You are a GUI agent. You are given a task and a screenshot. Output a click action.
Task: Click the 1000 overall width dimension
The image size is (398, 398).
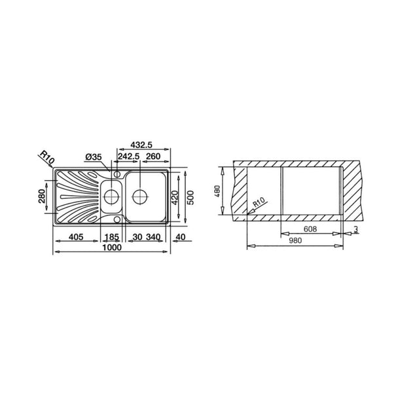click(112, 247)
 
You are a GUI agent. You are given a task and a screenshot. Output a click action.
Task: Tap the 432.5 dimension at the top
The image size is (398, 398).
click(141, 145)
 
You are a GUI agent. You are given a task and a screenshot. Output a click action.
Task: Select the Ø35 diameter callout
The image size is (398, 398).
click(94, 157)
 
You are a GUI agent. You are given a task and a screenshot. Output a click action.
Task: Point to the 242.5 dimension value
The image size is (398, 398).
click(128, 156)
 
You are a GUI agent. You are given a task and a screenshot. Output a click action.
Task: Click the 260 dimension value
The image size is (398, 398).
click(153, 156)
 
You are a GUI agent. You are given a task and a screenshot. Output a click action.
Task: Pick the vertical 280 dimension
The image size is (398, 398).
click(42, 196)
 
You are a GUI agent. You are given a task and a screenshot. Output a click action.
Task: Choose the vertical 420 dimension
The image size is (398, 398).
click(175, 198)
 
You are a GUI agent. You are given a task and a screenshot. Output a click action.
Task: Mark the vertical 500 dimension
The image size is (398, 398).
click(190, 198)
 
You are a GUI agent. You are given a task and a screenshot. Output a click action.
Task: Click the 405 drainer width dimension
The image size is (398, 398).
click(76, 237)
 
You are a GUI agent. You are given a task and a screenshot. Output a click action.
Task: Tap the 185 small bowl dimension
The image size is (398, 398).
click(112, 237)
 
